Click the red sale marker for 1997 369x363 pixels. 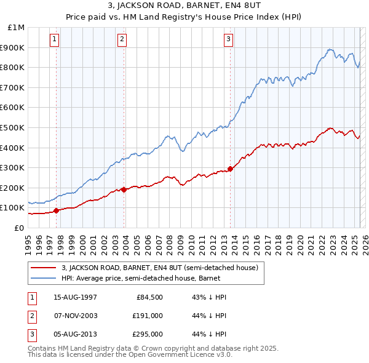coord(57,210)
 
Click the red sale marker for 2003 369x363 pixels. coord(124,189)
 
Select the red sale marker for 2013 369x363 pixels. coord(230,169)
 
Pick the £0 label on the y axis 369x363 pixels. coord(19,228)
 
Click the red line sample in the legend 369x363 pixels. coord(44,268)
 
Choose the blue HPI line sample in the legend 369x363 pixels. coord(44,278)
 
